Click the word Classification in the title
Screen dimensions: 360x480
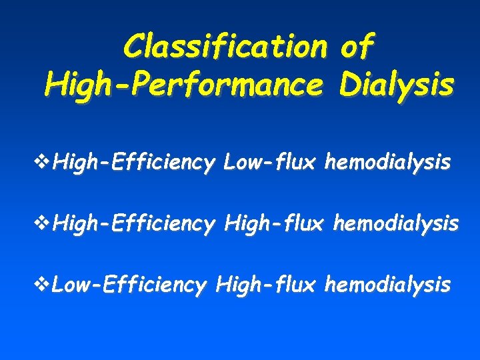pos(225,47)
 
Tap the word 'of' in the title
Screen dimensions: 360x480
pos(357,47)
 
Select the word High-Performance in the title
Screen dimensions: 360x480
pos(186,85)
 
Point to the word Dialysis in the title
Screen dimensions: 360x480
pos(396,85)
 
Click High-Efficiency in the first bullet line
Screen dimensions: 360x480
pos(134,162)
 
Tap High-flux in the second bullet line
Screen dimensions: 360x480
pos(275,224)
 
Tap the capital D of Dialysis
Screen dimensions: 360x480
pos(349,85)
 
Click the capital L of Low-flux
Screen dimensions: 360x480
pos(231,161)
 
